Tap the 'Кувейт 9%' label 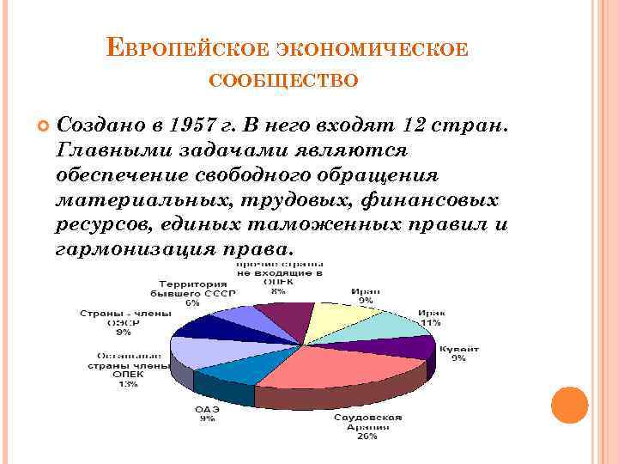click(459, 353)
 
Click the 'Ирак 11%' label click(430, 317)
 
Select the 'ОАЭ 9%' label click(207, 413)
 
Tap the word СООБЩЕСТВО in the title click(283, 80)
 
